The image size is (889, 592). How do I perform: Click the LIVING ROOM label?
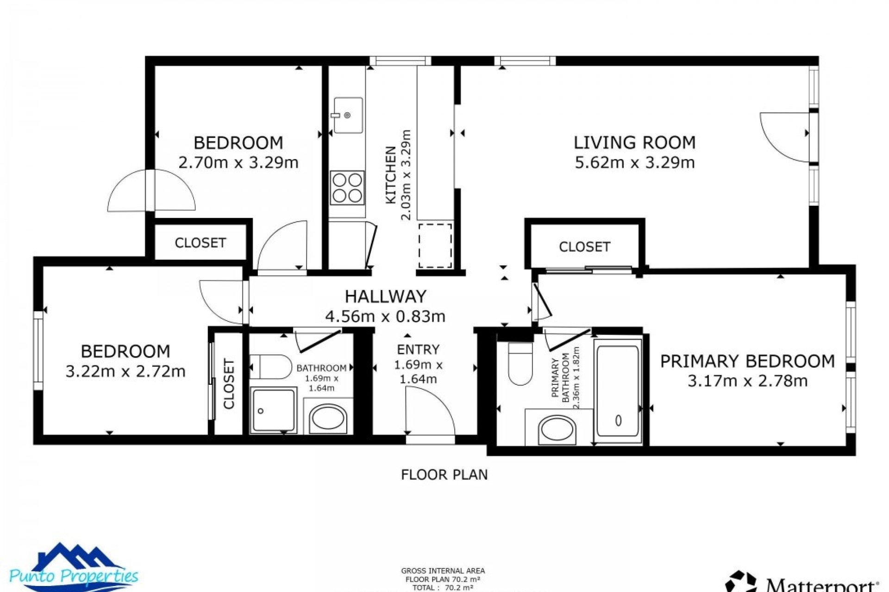pos(634,142)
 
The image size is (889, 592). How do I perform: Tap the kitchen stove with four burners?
pos(347,188)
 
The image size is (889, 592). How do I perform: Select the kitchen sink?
pos(348,115)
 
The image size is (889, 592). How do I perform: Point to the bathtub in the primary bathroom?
pos(618,391)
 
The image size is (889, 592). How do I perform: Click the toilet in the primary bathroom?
pos(520,364)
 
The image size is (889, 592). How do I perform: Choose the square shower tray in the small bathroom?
pos(273,410)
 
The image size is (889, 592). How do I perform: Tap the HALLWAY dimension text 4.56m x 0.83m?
pos(385,316)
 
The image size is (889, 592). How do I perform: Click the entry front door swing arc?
pos(431,409)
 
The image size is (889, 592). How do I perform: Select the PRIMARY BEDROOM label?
pos(747,361)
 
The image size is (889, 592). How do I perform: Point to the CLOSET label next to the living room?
pos(584,247)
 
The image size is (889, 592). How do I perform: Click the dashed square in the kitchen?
pos(435,246)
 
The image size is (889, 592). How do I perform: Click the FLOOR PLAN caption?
pos(444,475)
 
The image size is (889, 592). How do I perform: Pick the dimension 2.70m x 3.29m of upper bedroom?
pos(238,163)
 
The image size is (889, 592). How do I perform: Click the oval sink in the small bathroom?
pos(328,419)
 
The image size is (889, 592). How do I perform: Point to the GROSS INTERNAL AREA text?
pos(443,571)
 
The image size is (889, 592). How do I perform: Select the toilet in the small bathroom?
pos(271,367)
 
